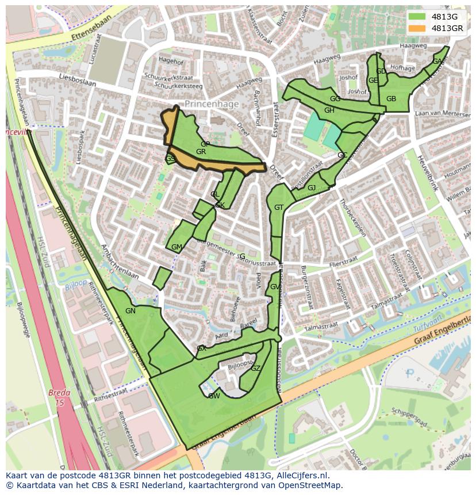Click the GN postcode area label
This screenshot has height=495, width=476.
click(130, 311)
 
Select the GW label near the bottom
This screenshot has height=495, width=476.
click(214, 396)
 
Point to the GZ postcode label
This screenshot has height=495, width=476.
click(255, 369)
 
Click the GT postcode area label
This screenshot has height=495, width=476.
click(278, 208)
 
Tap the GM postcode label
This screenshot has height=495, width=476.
click(176, 247)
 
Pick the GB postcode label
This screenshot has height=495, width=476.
click(391, 99)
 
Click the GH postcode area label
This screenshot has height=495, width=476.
click(329, 110)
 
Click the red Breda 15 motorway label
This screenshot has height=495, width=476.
click(59, 398)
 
